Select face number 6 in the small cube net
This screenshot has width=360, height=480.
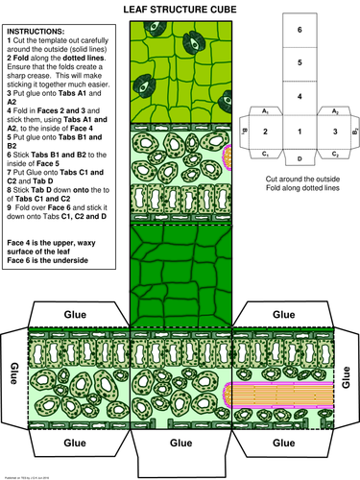[x=299, y=30]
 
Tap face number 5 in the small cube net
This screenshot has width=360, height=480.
[x=299, y=63]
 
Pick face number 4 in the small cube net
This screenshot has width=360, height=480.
[x=299, y=97]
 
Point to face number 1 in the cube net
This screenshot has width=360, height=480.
[x=299, y=132]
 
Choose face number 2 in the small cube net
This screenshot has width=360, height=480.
[x=265, y=132]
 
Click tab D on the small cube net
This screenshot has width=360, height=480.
[x=299, y=157]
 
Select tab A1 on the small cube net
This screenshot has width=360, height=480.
[x=265, y=110]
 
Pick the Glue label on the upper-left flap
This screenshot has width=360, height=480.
[x=74, y=314]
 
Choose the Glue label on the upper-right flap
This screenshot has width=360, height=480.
[x=284, y=314]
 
